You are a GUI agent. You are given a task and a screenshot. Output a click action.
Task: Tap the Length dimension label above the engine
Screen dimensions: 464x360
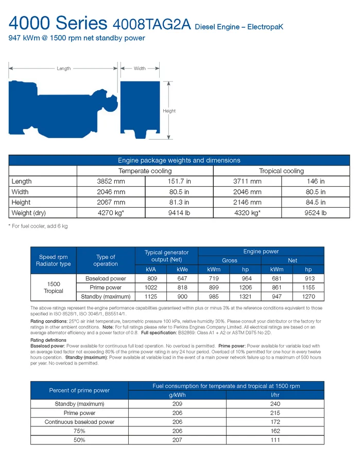pyautogui.click(x=63, y=69)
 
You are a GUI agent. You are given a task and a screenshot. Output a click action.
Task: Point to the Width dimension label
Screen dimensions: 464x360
pyautogui.click(x=140, y=69)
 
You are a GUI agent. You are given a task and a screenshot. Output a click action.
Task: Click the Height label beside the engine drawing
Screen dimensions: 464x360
pyautogui.click(x=169, y=111)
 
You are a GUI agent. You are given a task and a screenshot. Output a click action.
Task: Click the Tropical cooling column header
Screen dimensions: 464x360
pyautogui.click(x=281, y=171)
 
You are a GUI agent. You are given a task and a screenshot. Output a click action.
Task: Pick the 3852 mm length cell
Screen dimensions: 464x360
pyautogui.click(x=111, y=181)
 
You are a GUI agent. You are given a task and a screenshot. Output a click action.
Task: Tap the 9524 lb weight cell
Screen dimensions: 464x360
pyautogui.click(x=315, y=213)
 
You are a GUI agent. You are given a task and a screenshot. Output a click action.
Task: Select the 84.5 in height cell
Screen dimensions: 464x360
pyautogui.click(x=315, y=203)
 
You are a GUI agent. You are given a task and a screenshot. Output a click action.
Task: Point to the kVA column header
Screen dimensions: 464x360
pyautogui.click(x=152, y=270)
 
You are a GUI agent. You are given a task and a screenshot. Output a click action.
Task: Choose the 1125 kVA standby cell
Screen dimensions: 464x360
pyautogui.click(x=152, y=296)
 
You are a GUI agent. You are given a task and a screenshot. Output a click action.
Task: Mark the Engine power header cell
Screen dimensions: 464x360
pyautogui.click(x=261, y=252)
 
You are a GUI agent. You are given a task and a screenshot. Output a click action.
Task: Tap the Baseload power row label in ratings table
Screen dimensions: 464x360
pyautogui.click(x=106, y=279)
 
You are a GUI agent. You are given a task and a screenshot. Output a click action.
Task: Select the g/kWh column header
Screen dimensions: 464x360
pyautogui.click(x=177, y=395)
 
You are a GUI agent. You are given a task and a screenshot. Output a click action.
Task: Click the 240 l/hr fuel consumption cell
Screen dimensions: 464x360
pyautogui.click(x=275, y=404)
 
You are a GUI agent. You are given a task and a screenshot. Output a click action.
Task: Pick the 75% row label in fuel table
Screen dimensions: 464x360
pyautogui.click(x=79, y=431)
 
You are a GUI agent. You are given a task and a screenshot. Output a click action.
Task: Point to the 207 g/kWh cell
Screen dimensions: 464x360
pyautogui.click(x=177, y=440)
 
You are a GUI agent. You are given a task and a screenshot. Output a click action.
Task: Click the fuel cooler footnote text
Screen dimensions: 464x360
pyautogui.click(x=39, y=226)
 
